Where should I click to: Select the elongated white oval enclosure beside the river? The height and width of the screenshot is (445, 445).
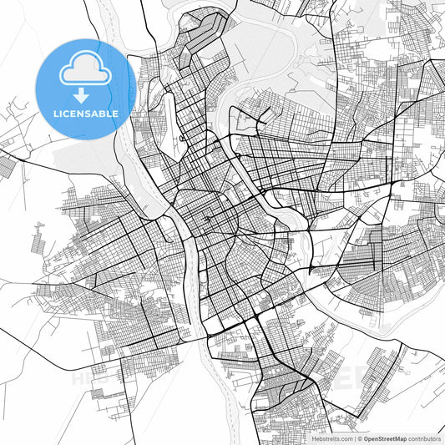[175, 125]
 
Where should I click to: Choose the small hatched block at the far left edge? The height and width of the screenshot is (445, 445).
[7, 166]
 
